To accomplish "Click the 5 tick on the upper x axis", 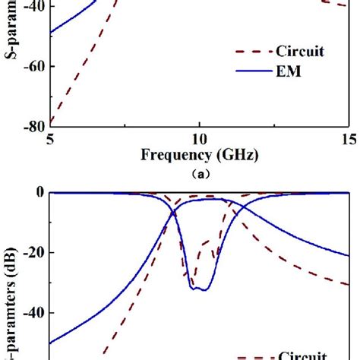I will click(x=50, y=139).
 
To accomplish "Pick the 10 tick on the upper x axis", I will click(x=198, y=139).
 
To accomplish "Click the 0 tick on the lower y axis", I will click(x=37, y=192).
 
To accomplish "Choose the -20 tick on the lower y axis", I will click(x=30, y=252).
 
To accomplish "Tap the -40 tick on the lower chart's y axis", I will click(x=30, y=313).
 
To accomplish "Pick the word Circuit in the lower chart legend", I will click(x=302, y=355).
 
